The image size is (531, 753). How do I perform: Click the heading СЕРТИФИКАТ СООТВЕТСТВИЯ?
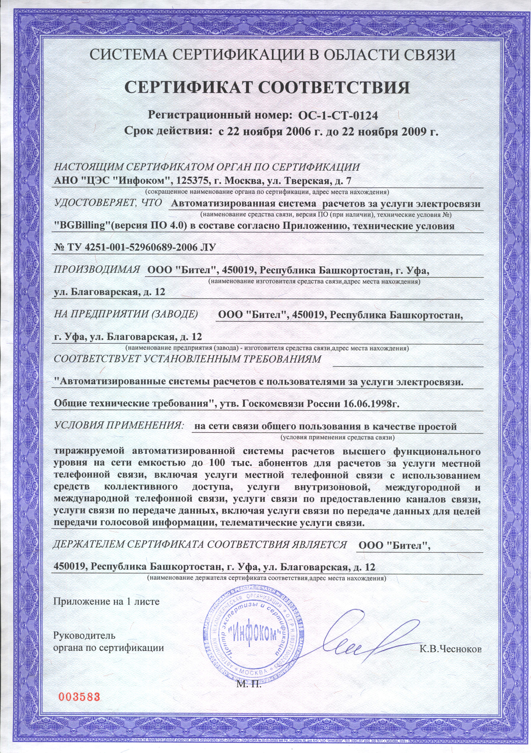pyautogui.click(x=268, y=88)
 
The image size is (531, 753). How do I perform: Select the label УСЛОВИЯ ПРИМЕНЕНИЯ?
pyautogui.click(x=118, y=425)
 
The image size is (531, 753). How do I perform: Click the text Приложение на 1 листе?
pyautogui.click(x=106, y=601)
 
